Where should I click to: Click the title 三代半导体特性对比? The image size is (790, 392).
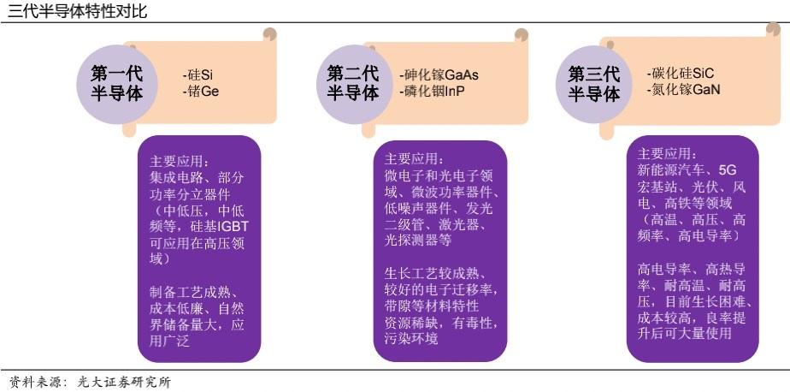click(x=78, y=11)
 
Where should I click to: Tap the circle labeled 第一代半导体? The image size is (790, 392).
click(x=116, y=83)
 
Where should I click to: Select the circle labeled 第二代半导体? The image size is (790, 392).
click(x=352, y=83)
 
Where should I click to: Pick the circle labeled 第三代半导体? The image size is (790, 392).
click(x=593, y=84)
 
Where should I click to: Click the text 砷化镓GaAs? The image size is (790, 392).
click(x=439, y=74)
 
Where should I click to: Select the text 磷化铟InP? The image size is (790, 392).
click(x=432, y=91)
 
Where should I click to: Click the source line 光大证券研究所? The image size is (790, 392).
click(x=124, y=383)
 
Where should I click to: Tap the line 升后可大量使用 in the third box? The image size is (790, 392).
click(x=685, y=333)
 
